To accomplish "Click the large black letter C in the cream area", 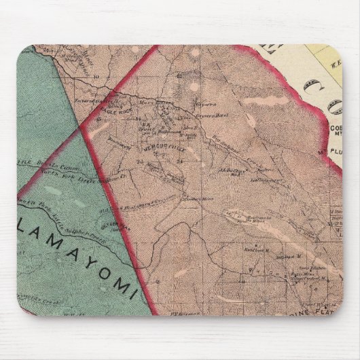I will coord(314,88).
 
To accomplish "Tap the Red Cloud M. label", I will coord(255,249).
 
